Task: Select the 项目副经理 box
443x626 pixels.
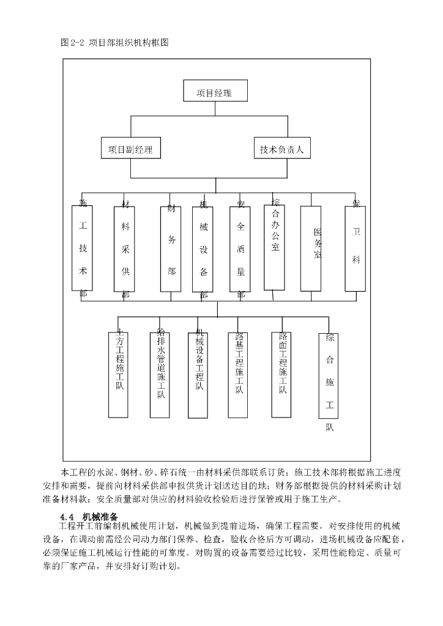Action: pyautogui.click(x=130, y=149)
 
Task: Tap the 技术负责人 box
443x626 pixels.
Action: pyautogui.click(x=282, y=149)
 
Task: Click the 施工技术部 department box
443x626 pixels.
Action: pyautogui.click(x=83, y=248)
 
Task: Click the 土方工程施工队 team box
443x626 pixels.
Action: pyautogui.click(x=119, y=373)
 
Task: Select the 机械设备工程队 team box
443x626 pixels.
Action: pyautogui.click(x=199, y=373)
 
